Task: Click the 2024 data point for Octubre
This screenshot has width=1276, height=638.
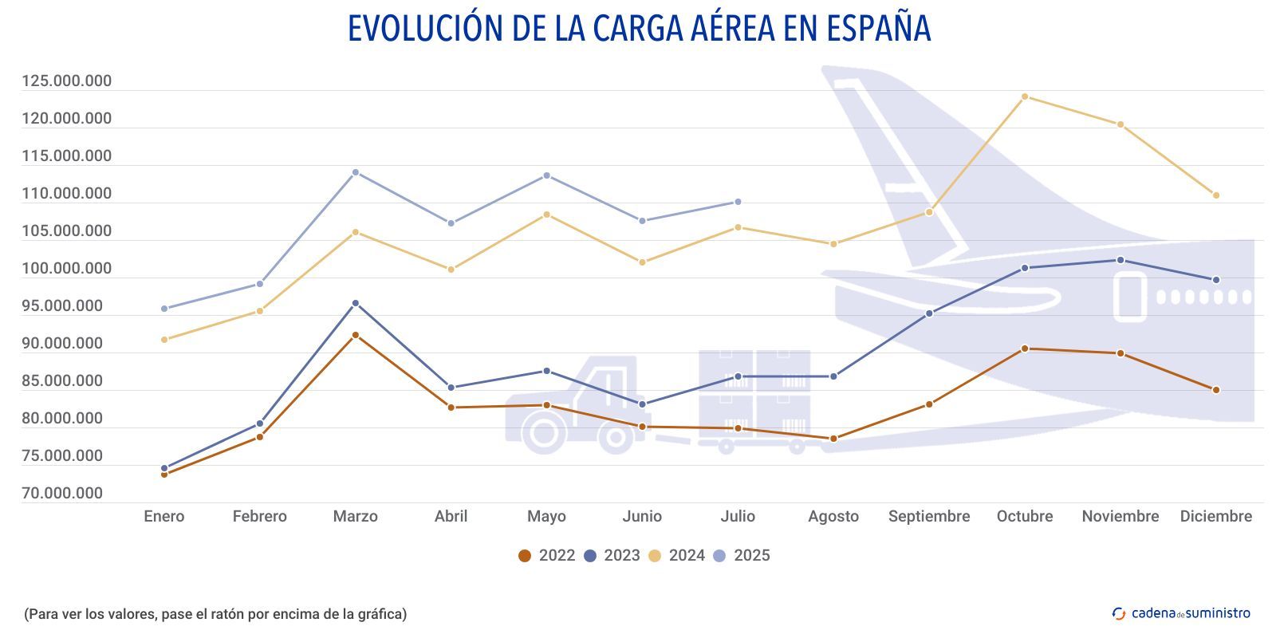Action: [1025, 96]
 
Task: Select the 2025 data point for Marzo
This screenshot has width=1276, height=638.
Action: [356, 172]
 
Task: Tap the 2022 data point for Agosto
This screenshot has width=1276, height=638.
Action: [833, 439]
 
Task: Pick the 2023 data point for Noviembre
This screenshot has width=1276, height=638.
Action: [1120, 260]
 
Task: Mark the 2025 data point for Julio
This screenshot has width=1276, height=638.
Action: [738, 202]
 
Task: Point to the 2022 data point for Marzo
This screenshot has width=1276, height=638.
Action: [356, 335]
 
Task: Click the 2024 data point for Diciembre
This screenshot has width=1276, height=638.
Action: [1216, 195]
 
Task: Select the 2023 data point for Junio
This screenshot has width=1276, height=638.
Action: [642, 404]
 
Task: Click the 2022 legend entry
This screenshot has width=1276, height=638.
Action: [547, 556]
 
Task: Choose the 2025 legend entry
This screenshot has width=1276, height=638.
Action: [742, 556]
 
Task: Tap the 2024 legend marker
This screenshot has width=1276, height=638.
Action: [655, 556]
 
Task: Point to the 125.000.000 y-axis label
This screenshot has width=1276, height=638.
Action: [67, 81]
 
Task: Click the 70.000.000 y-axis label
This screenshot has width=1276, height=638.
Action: [62, 494]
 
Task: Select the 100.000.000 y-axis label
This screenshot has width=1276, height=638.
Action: [67, 269]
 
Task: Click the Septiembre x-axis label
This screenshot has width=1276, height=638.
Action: [929, 516]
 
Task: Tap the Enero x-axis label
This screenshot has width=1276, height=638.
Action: [163, 516]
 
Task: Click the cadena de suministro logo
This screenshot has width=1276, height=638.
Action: [1181, 613]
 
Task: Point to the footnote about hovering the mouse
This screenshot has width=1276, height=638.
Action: [215, 614]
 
